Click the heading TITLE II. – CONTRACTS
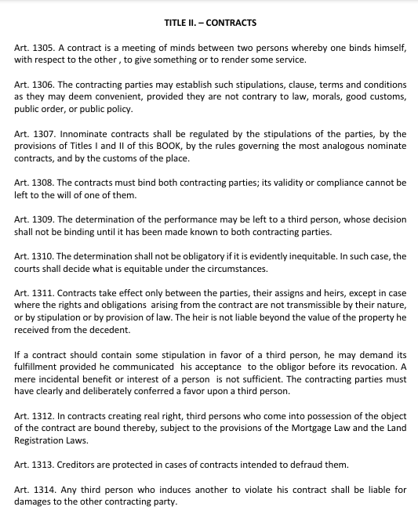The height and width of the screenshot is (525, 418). (x=210, y=23)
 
